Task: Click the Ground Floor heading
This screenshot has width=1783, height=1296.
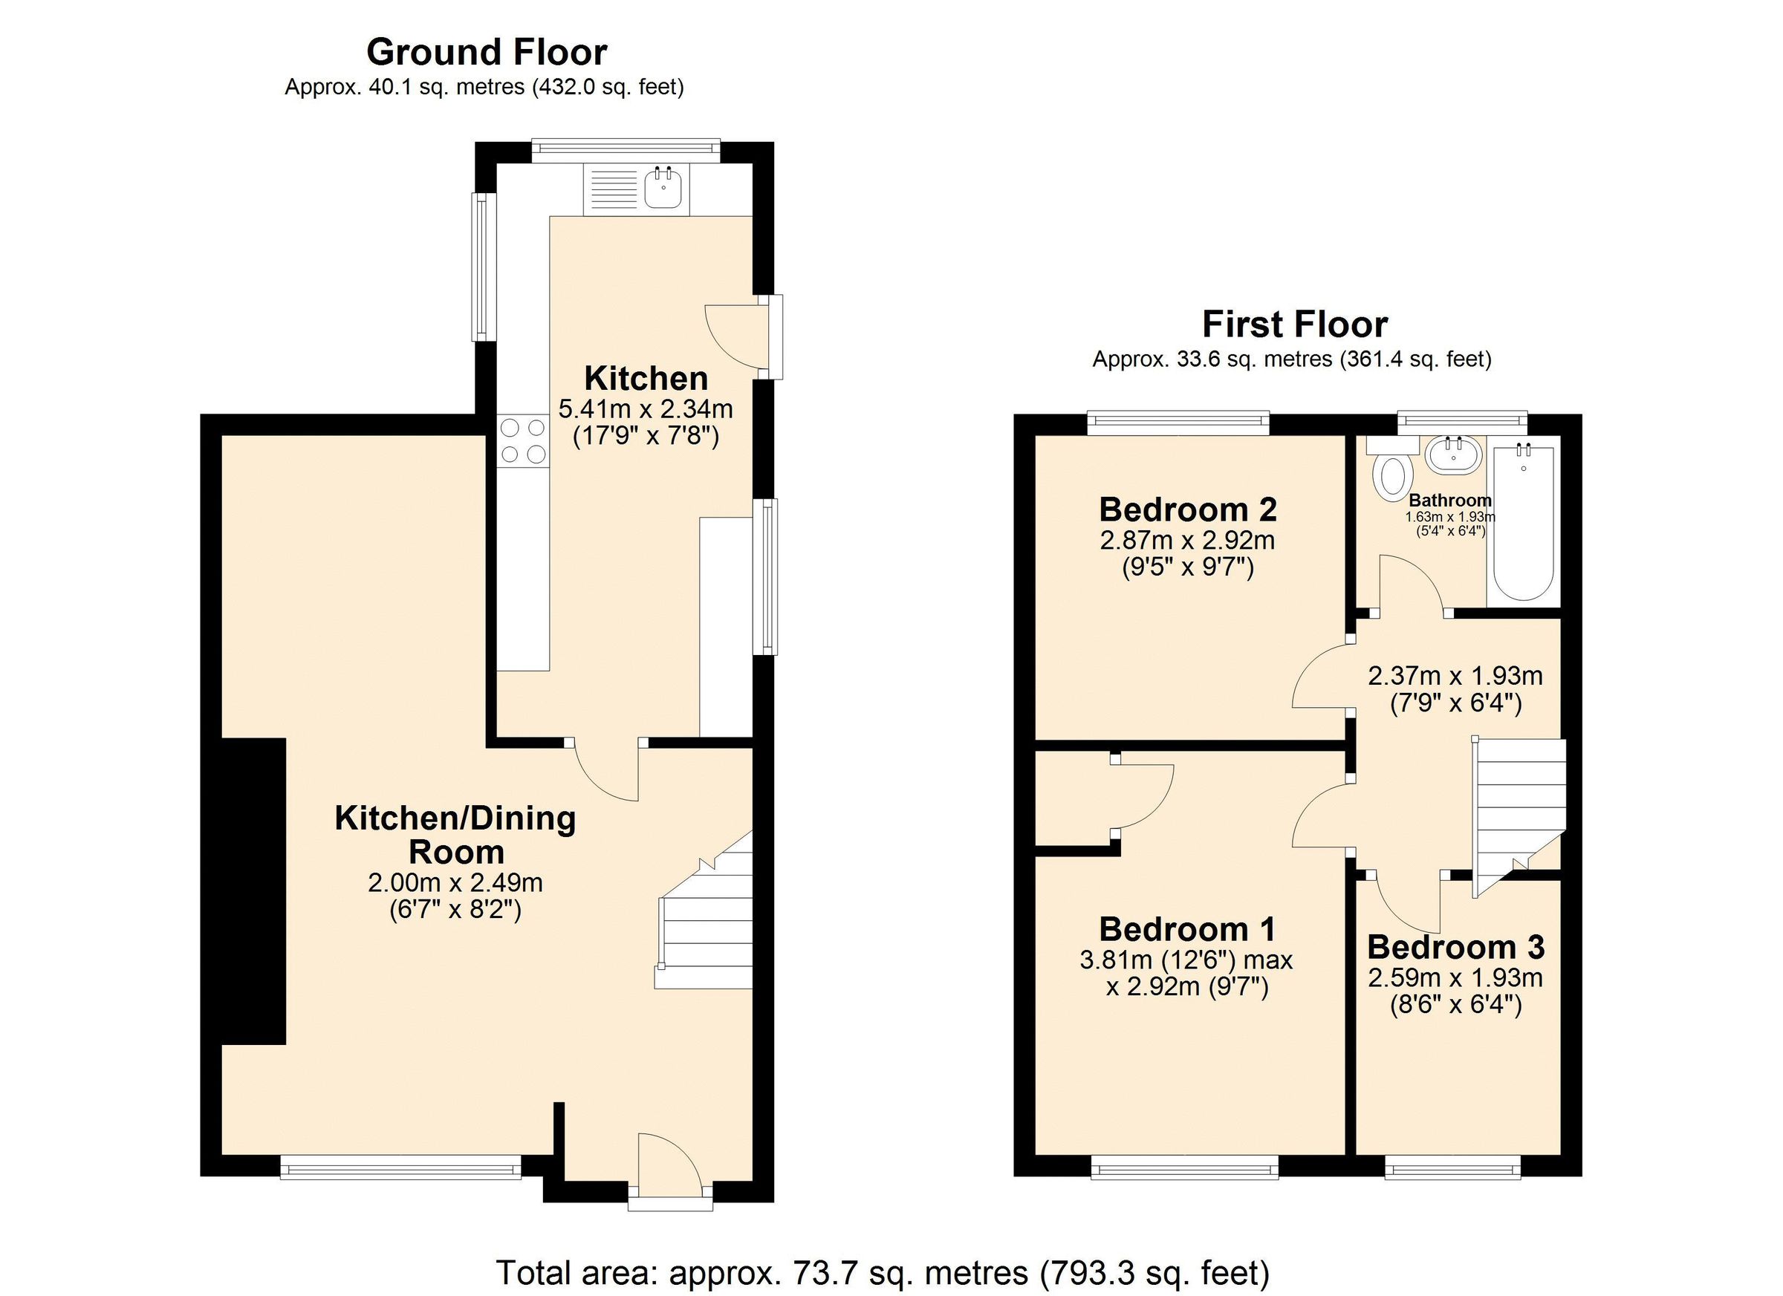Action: coord(487,53)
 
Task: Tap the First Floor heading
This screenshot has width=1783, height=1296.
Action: coord(1294,325)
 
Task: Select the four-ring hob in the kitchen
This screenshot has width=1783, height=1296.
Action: coord(523,441)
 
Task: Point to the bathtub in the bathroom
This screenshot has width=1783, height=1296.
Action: coord(1523,523)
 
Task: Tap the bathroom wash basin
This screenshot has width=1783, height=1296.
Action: coord(1453,455)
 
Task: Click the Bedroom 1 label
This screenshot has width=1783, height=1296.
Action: coord(1186,929)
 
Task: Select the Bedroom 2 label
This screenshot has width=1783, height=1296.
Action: coord(1187,509)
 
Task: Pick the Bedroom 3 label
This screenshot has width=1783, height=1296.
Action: coord(1455,947)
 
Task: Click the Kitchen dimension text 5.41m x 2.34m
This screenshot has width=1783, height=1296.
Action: coord(646,408)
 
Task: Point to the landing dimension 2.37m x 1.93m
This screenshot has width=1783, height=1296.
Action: coord(1455,676)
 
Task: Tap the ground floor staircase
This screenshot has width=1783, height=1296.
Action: coord(706,924)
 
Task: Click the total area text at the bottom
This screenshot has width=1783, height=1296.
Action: coord(882,1271)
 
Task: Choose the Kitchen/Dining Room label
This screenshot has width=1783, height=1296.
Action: coord(455,835)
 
